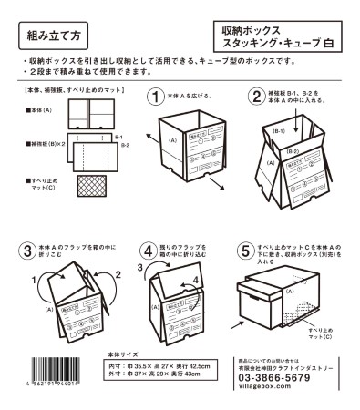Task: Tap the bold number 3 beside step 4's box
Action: coord(141,266)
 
